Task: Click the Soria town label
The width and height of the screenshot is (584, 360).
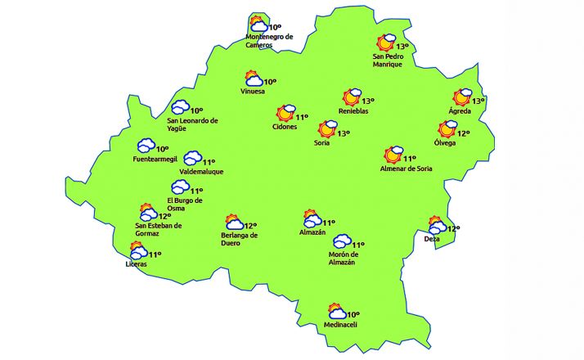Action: (x=321, y=143)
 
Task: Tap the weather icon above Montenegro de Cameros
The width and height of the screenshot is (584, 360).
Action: (x=258, y=24)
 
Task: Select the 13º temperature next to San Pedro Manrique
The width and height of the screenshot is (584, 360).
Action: (x=402, y=47)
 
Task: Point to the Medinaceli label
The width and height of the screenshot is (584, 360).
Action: (x=341, y=325)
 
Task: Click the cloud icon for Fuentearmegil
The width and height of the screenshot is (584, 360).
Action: (x=146, y=146)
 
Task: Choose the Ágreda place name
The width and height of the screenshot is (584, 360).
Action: (x=460, y=111)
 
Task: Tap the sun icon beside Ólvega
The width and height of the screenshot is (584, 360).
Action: (x=447, y=129)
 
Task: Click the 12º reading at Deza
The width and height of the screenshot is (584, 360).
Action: (x=453, y=229)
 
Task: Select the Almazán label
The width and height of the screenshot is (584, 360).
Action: (x=312, y=232)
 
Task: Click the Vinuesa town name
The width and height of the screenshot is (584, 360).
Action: (x=253, y=91)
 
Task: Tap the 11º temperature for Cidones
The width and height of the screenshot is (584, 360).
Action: (x=302, y=117)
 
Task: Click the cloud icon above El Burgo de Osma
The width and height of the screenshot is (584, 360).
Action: (x=180, y=187)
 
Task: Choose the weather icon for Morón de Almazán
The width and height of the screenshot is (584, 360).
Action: (x=341, y=242)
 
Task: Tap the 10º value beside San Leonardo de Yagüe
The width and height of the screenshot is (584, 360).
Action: (x=196, y=110)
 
